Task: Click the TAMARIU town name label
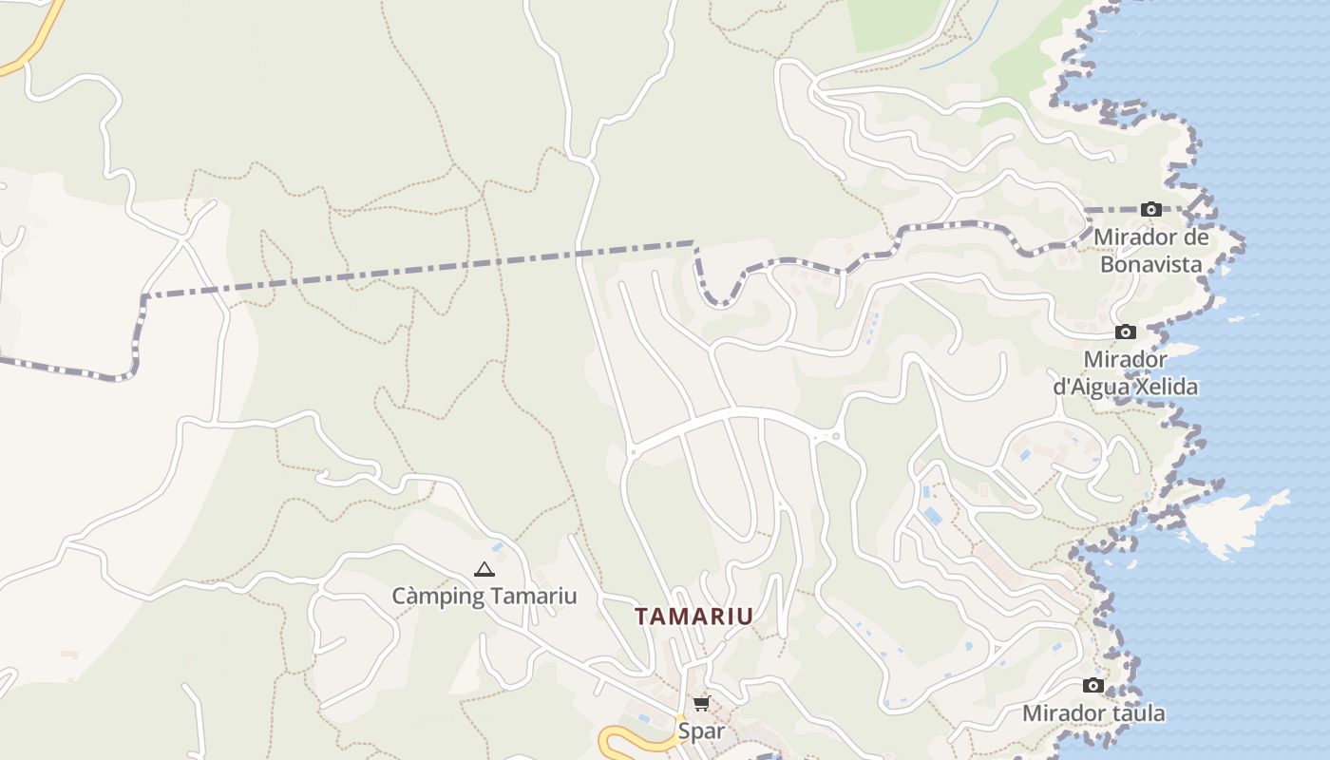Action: click(693, 616)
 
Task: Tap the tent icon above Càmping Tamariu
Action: click(484, 570)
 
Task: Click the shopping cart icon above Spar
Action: click(701, 704)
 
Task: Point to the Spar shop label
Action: click(700, 731)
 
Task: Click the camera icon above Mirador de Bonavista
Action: click(1151, 209)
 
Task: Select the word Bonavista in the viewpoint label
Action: click(1150, 264)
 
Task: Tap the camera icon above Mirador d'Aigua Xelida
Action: click(1126, 332)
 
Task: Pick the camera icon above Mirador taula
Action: click(1093, 686)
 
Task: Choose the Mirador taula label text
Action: click(1093, 713)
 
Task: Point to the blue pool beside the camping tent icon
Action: click(498, 547)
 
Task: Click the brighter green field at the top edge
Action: click(898, 24)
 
